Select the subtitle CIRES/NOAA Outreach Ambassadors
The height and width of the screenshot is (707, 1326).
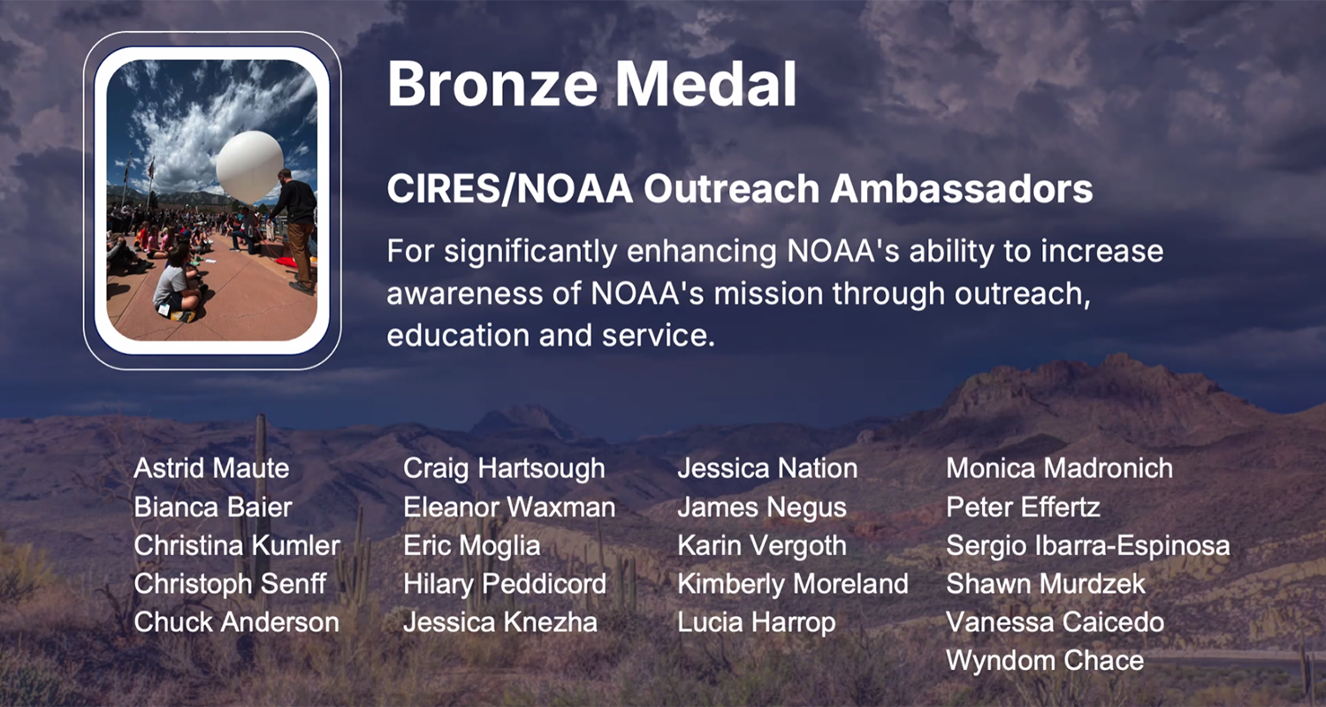coord(739,189)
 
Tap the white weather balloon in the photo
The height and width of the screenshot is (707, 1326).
coord(249,167)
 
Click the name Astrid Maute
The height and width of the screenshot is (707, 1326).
coord(211,468)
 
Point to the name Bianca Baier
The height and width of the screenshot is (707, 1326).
coord(213,507)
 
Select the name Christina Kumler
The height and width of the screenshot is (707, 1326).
coord(237,545)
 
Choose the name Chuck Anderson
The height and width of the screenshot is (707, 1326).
coord(236,622)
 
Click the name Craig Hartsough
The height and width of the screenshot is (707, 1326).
coord(504,469)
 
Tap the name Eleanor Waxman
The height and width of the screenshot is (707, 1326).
coord(509,507)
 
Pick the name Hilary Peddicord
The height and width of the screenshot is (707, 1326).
coord(505,584)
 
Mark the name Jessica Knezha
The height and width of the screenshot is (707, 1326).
coord(500,622)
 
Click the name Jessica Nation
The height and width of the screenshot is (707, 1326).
coord(767,468)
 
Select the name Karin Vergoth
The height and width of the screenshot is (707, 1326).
coord(762,546)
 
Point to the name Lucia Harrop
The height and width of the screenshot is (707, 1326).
coord(757,623)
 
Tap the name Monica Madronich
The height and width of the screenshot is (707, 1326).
coord(1060,468)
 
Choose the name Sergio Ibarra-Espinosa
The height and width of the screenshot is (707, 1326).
coord(1088,546)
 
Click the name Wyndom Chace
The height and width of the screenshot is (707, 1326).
coord(1045,661)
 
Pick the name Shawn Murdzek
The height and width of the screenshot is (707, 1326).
coord(1046,584)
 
